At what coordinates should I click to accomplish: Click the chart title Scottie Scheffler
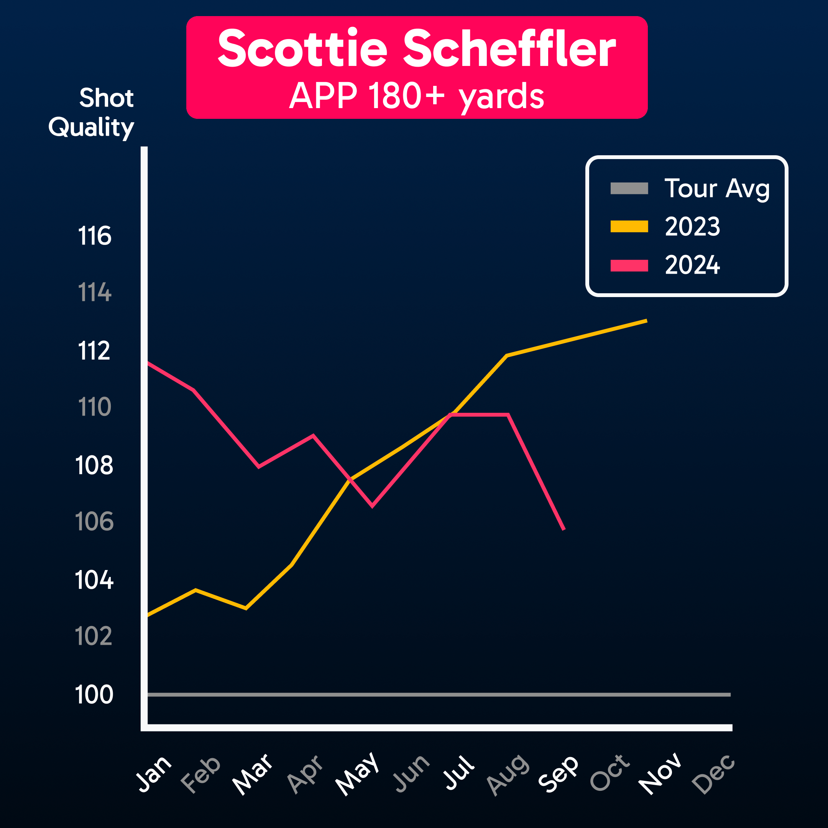point(417,48)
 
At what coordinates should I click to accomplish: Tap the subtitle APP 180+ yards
point(417,96)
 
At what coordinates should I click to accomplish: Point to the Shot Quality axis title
point(91,112)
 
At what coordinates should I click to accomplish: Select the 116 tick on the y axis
point(95,236)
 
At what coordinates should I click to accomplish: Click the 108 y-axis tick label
point(94,465)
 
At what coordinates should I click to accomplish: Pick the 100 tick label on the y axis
point(94,694)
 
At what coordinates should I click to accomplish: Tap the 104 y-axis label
point(94,580)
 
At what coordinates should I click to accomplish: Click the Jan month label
point(154,773)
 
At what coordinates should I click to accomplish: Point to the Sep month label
point(558,774)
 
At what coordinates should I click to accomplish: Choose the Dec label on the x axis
point(713,774)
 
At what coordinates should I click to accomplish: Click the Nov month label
point(660,774)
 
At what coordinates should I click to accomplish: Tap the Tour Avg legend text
point(717,189)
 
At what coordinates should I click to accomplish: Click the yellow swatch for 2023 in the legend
point(629,226)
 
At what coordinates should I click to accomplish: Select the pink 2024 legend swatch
point(629,266)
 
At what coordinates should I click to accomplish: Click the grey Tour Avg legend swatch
point(629,189)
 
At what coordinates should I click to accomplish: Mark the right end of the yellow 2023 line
point(646,320)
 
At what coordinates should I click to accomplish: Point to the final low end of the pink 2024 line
point(564,529)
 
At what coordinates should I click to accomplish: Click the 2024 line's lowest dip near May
point(372,506)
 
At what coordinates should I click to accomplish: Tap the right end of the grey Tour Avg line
point(729,694)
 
